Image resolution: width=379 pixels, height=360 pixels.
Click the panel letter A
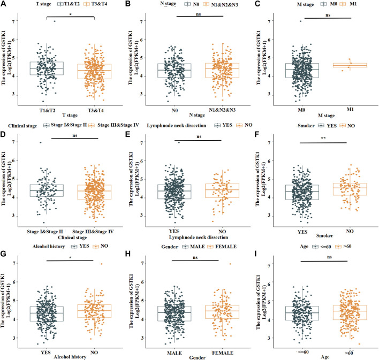(x=5, y=4)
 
